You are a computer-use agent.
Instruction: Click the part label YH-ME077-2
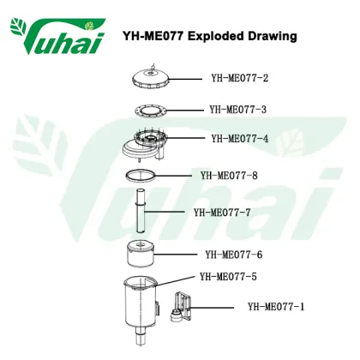(240, 78)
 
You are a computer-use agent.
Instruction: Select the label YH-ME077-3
(238, 110)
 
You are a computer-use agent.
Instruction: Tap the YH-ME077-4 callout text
(240, 139)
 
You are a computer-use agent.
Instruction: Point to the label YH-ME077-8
(229, 175)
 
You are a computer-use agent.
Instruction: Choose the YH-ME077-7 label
(222, 213)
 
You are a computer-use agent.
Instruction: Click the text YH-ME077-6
(234, 255)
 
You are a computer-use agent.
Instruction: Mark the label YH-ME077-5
(228, 277)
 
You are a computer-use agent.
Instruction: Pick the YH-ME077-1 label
(276, 307)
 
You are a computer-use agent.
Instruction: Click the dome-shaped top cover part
(151, 78)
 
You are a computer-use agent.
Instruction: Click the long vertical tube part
(141, 212)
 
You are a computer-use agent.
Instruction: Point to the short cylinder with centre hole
(140, 254)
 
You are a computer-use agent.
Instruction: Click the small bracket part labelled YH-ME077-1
(181, 307)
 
